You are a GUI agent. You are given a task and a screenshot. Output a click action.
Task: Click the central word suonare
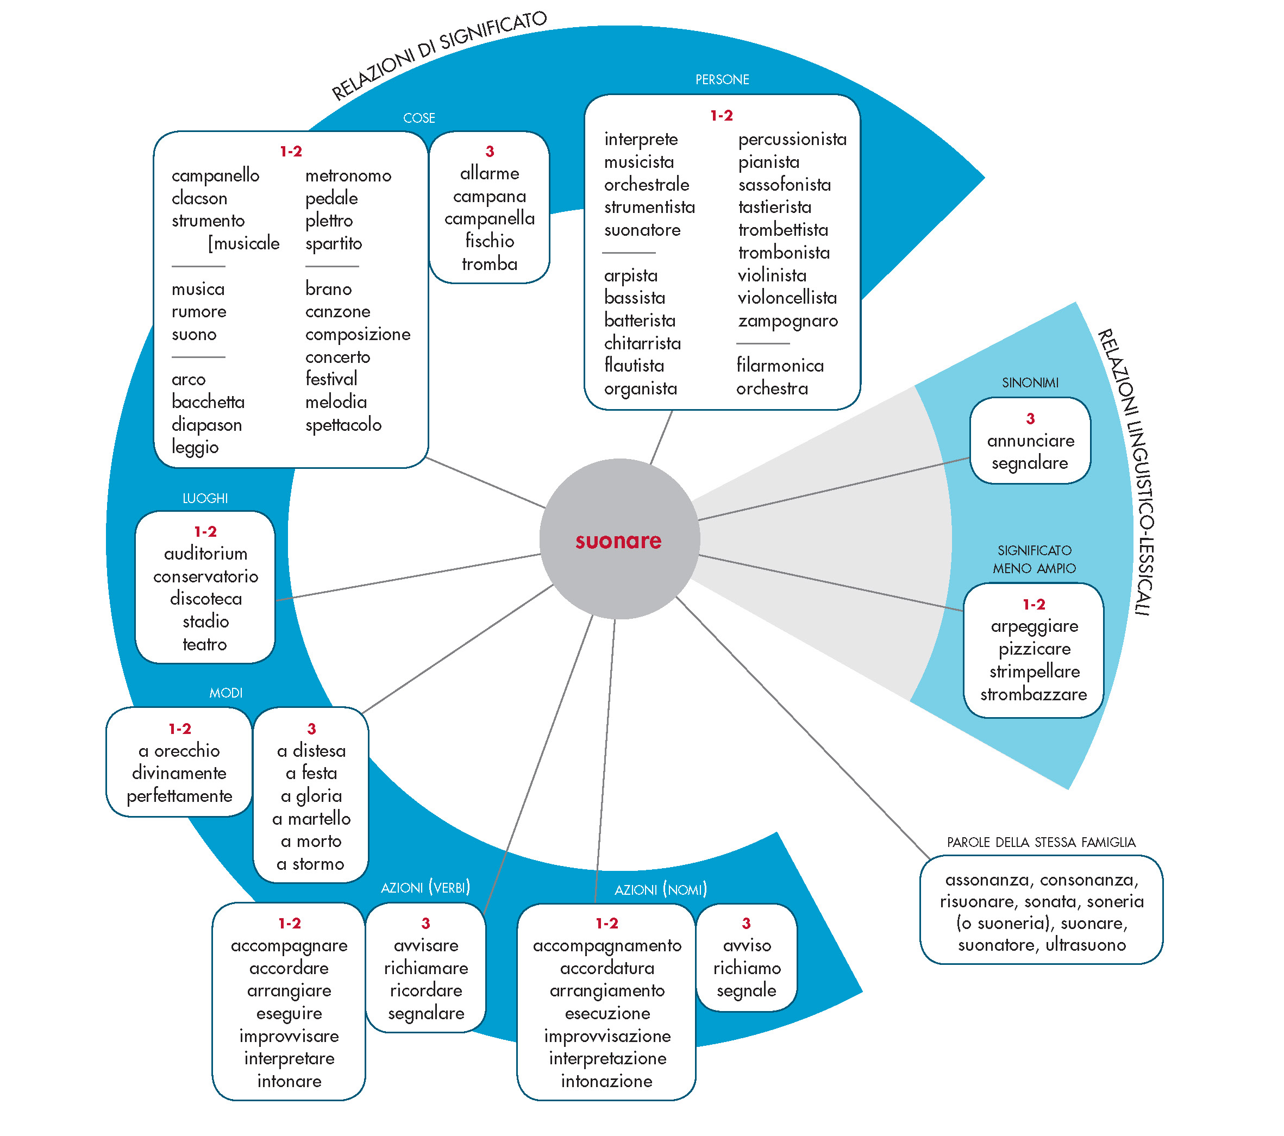[618, 541]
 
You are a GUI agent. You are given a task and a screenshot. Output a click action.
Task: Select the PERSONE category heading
[722, 80]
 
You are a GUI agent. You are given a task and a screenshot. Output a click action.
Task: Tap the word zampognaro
[787, 321]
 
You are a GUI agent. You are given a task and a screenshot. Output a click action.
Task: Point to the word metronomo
[348, 176]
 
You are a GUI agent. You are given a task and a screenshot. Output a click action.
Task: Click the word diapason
[206, 425]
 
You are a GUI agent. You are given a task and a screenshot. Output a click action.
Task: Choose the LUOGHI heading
[205, 499]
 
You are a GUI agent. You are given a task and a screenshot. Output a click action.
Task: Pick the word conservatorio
[205, 576]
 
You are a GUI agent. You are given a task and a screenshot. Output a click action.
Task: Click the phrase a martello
[311, 819]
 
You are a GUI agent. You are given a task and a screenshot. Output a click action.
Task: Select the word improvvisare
[289, 1036]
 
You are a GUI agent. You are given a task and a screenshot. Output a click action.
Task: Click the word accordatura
[607, 968]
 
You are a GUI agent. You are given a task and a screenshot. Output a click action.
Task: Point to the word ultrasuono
[1085, 945]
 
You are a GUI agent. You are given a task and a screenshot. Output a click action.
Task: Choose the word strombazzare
[1034, 694]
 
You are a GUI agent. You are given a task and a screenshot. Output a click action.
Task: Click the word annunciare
[1030, 441]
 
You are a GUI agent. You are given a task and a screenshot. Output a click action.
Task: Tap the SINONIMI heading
[1030, 383]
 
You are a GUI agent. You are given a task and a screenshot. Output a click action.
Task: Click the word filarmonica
[780, 366]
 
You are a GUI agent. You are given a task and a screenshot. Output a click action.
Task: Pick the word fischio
[490, 241]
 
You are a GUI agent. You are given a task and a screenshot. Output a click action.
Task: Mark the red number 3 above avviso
[746, 923]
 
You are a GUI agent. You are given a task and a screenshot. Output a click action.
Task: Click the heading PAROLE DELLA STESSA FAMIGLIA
[1041, 842]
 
